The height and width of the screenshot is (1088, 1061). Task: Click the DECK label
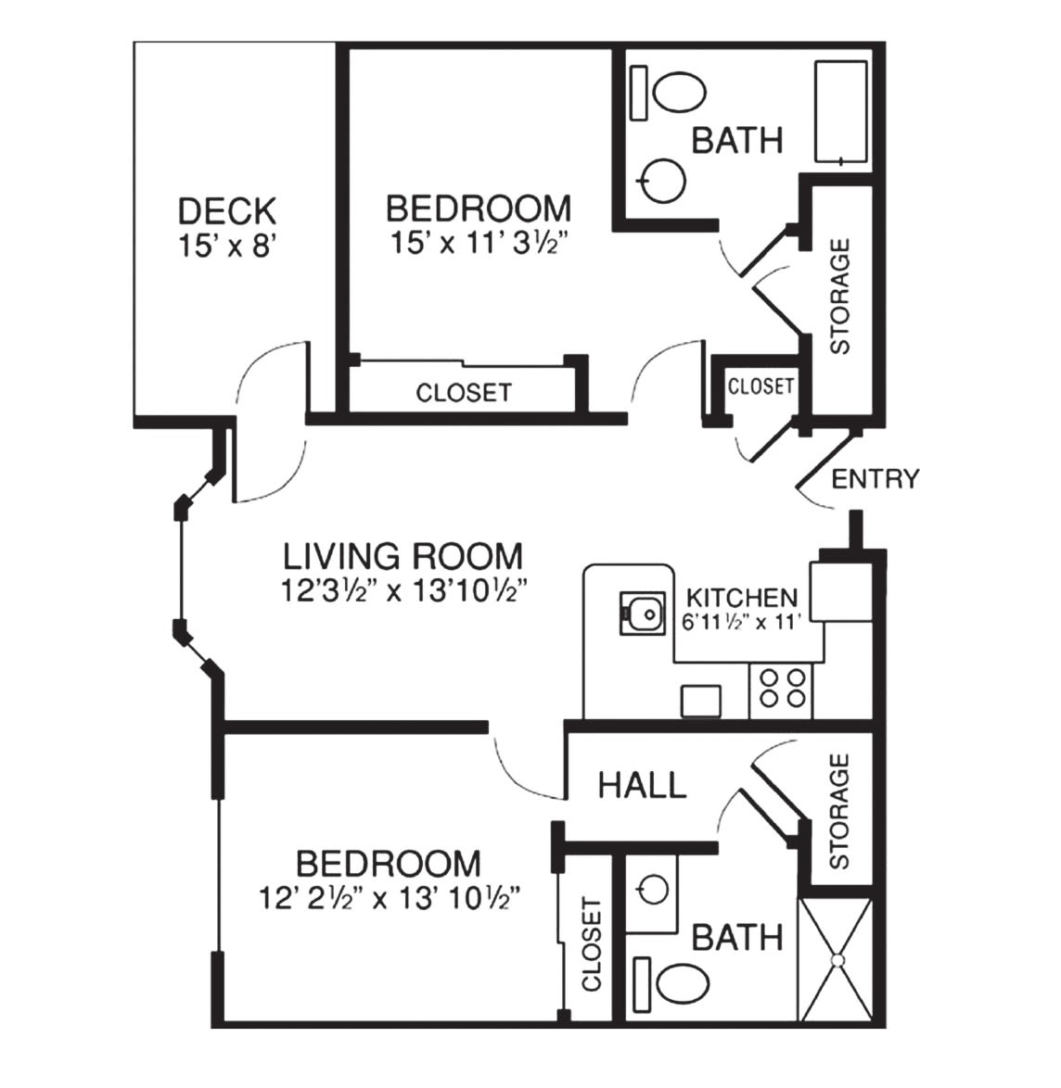[227, 211]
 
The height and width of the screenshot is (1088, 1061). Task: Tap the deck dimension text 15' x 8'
[228, 246]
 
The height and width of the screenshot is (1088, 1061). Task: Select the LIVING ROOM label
[403, 556]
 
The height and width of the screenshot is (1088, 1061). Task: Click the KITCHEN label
[742, 598]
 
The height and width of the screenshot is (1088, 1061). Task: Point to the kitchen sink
[643, 613]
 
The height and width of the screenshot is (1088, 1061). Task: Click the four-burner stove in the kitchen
[782, 689]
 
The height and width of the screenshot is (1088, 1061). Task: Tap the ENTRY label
[875, 479]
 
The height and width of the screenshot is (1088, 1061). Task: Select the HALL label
[643, 786]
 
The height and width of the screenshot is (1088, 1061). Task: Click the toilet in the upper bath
[668, 93]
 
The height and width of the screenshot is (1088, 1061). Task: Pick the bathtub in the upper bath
[841, 112]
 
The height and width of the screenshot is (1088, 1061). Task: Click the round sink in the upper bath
[662, 181]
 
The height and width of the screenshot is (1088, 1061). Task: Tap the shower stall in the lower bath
[836, 959]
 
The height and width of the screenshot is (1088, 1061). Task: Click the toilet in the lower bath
[671, 984]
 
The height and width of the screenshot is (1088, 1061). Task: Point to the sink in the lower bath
[652, 890]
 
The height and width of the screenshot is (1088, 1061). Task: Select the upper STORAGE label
[840, 297]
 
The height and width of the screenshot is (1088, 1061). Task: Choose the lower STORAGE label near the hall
[839, 812]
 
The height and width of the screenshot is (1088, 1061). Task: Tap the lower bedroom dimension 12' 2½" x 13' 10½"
[389, 899]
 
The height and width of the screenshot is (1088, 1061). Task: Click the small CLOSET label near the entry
[761, 386]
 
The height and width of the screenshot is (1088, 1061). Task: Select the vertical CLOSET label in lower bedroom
[591, 944]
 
